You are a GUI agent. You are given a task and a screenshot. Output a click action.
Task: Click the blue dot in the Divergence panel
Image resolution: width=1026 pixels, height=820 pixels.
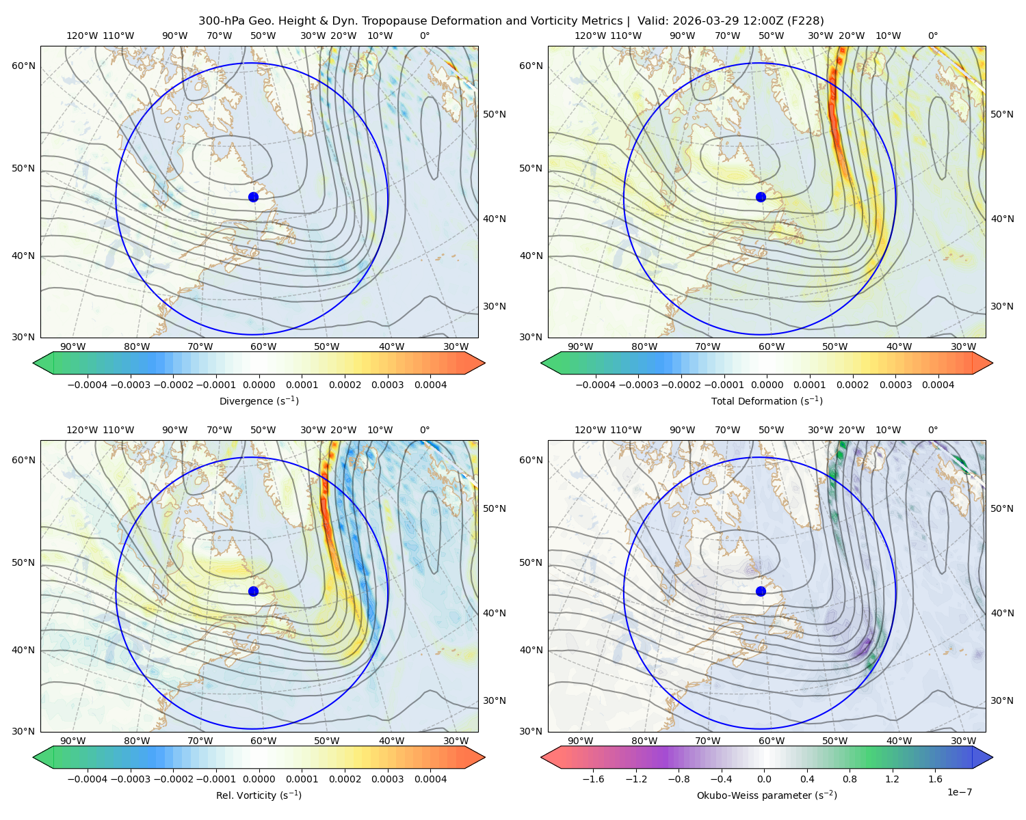253,197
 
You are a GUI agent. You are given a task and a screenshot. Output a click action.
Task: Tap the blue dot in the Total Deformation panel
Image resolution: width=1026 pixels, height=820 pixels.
761,197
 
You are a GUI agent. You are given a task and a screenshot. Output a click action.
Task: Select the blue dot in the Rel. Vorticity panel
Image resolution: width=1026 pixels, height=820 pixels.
253,591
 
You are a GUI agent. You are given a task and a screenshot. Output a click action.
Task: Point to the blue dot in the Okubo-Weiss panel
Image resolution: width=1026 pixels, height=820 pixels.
761,591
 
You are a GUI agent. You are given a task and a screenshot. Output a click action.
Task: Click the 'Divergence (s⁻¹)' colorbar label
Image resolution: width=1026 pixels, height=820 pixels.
259,400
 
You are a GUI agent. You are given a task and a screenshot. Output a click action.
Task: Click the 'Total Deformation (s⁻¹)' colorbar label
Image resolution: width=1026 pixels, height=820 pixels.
767,400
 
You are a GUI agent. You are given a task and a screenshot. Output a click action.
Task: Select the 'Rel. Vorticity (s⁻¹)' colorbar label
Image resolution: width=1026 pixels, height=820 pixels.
259,795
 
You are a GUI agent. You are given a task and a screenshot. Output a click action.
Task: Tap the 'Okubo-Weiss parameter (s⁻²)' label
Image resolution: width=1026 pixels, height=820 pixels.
767,795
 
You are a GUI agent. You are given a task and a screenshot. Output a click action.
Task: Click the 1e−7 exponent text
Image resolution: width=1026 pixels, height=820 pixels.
959,792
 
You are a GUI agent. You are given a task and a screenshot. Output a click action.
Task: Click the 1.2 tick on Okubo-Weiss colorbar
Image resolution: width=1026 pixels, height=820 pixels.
892,779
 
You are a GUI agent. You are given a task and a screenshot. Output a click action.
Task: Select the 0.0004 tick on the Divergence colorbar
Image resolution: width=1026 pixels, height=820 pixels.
430,385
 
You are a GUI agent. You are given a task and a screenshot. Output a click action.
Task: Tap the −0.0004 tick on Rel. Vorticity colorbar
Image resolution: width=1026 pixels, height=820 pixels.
88,779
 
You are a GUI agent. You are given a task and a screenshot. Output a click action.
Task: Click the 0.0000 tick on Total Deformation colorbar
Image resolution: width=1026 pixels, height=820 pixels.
767,385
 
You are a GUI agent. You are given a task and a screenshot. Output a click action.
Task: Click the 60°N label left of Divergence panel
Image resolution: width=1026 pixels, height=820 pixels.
23,66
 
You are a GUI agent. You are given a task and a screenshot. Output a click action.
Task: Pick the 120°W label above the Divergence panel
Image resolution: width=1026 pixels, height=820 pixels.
82,36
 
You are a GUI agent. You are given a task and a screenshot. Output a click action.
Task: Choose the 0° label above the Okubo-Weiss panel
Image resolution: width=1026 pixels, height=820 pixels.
932,430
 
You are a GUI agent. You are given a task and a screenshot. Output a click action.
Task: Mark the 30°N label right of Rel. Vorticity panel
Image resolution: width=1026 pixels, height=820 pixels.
495,700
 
